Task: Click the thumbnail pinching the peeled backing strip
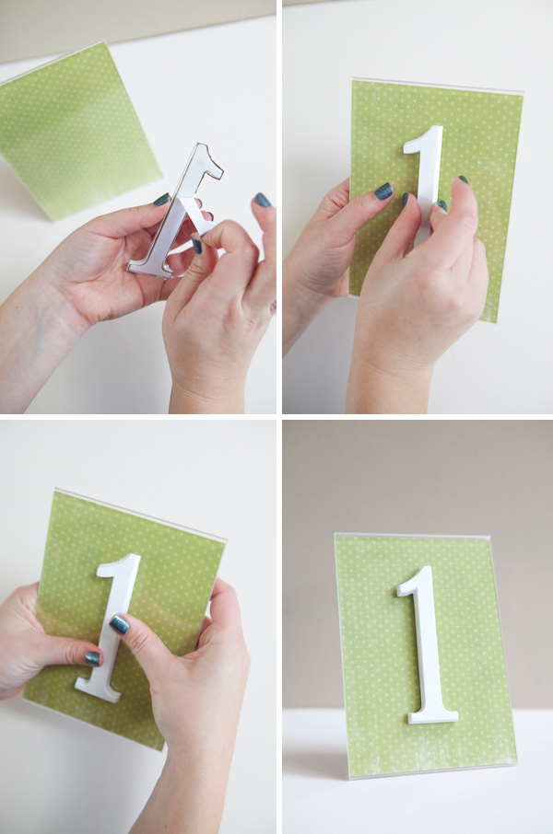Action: pyautogui.click(x=197, y=246)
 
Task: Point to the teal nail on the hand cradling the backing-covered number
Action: pyautogui.click(x=161, y=200)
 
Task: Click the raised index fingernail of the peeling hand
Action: pyautogui.click(x=262, y=200)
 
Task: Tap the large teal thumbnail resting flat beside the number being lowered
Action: pyautogui.click(x=383, y=191)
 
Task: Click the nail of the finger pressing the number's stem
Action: pyautogui.click(x=119, y=624)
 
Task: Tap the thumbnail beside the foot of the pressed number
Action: pyautogui.click(x=93, y=658)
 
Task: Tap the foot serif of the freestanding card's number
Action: pyautogui.click(x=432, y=716)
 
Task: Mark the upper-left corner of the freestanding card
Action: pyautogui.click(x=335, y=534)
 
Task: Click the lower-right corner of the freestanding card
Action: pyautogui.click(x=516, y=766)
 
